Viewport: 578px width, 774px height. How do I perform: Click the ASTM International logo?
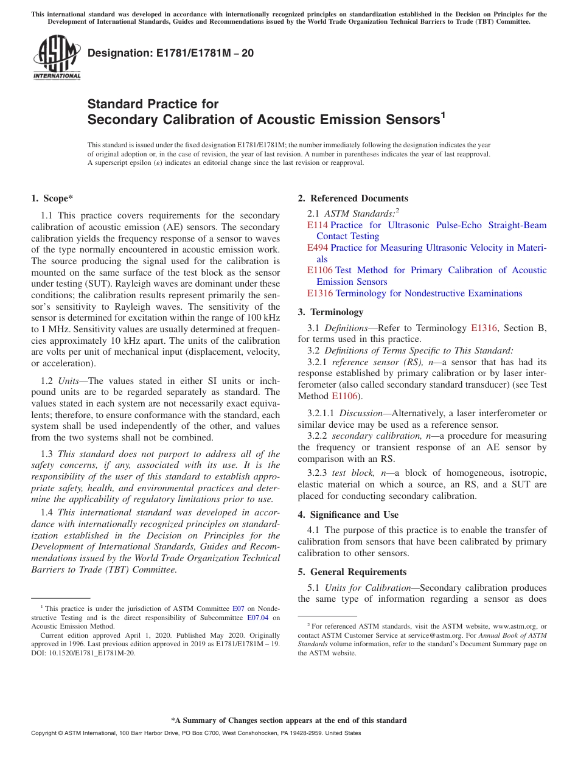57,58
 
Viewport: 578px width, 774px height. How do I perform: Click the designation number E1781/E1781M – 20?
171,53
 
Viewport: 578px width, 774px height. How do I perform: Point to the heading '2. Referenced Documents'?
353,198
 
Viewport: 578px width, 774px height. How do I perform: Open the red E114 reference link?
318,225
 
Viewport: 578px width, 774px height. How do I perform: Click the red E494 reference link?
318,248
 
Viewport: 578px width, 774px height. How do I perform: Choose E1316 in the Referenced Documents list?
320,293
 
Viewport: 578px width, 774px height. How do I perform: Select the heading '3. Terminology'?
330,312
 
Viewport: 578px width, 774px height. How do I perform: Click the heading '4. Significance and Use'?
348,515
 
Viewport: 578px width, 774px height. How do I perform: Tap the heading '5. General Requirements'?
352,572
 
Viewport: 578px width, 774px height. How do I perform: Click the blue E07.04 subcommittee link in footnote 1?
259,617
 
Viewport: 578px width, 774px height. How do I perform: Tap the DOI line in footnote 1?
83,653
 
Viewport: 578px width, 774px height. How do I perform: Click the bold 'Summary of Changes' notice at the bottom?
288,720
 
